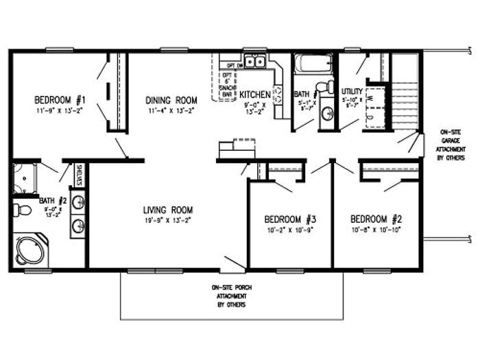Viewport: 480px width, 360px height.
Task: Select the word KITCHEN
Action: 255,94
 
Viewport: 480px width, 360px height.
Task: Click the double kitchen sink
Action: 256,63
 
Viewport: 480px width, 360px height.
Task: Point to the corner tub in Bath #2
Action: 29,250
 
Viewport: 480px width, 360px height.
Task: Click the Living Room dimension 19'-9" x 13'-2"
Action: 167,221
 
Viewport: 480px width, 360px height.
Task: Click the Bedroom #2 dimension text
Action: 375,230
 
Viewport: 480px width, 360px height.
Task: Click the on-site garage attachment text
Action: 450,144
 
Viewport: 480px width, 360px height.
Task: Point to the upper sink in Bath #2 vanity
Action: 78,202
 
